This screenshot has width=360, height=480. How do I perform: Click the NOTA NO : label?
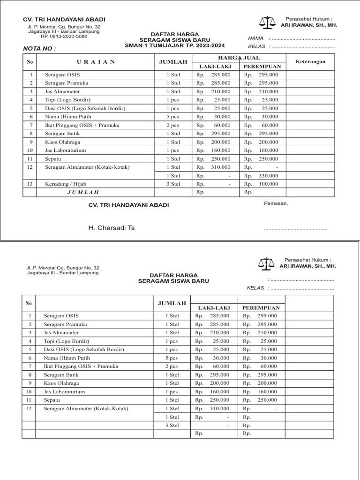[x=39, y=48]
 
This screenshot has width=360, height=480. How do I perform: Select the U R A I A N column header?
[x=96, y=62]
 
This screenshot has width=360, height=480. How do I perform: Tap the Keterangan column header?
[x=310, y=62]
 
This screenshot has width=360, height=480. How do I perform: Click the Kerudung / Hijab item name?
[x=65, y=184]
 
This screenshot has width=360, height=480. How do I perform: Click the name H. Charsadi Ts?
[x=112, y=228]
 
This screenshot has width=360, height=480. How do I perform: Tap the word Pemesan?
[x=276, y=203]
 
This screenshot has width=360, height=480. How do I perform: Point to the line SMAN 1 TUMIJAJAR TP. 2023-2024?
[x=174, y=45]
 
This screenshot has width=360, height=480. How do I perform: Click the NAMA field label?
[x=255, y=38]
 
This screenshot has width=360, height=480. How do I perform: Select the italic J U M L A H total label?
[x=83, y=192]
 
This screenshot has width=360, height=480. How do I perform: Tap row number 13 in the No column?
[x=30, y=184]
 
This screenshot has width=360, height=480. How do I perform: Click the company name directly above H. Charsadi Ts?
[x=129, y=205]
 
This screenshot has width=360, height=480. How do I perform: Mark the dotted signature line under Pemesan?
[x=295, y=229]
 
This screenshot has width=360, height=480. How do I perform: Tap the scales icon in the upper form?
[x=268, y=22]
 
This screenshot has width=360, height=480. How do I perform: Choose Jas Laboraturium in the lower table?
[x=65, y=391]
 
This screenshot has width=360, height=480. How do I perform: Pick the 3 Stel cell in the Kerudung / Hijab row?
[x=173, y=184]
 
